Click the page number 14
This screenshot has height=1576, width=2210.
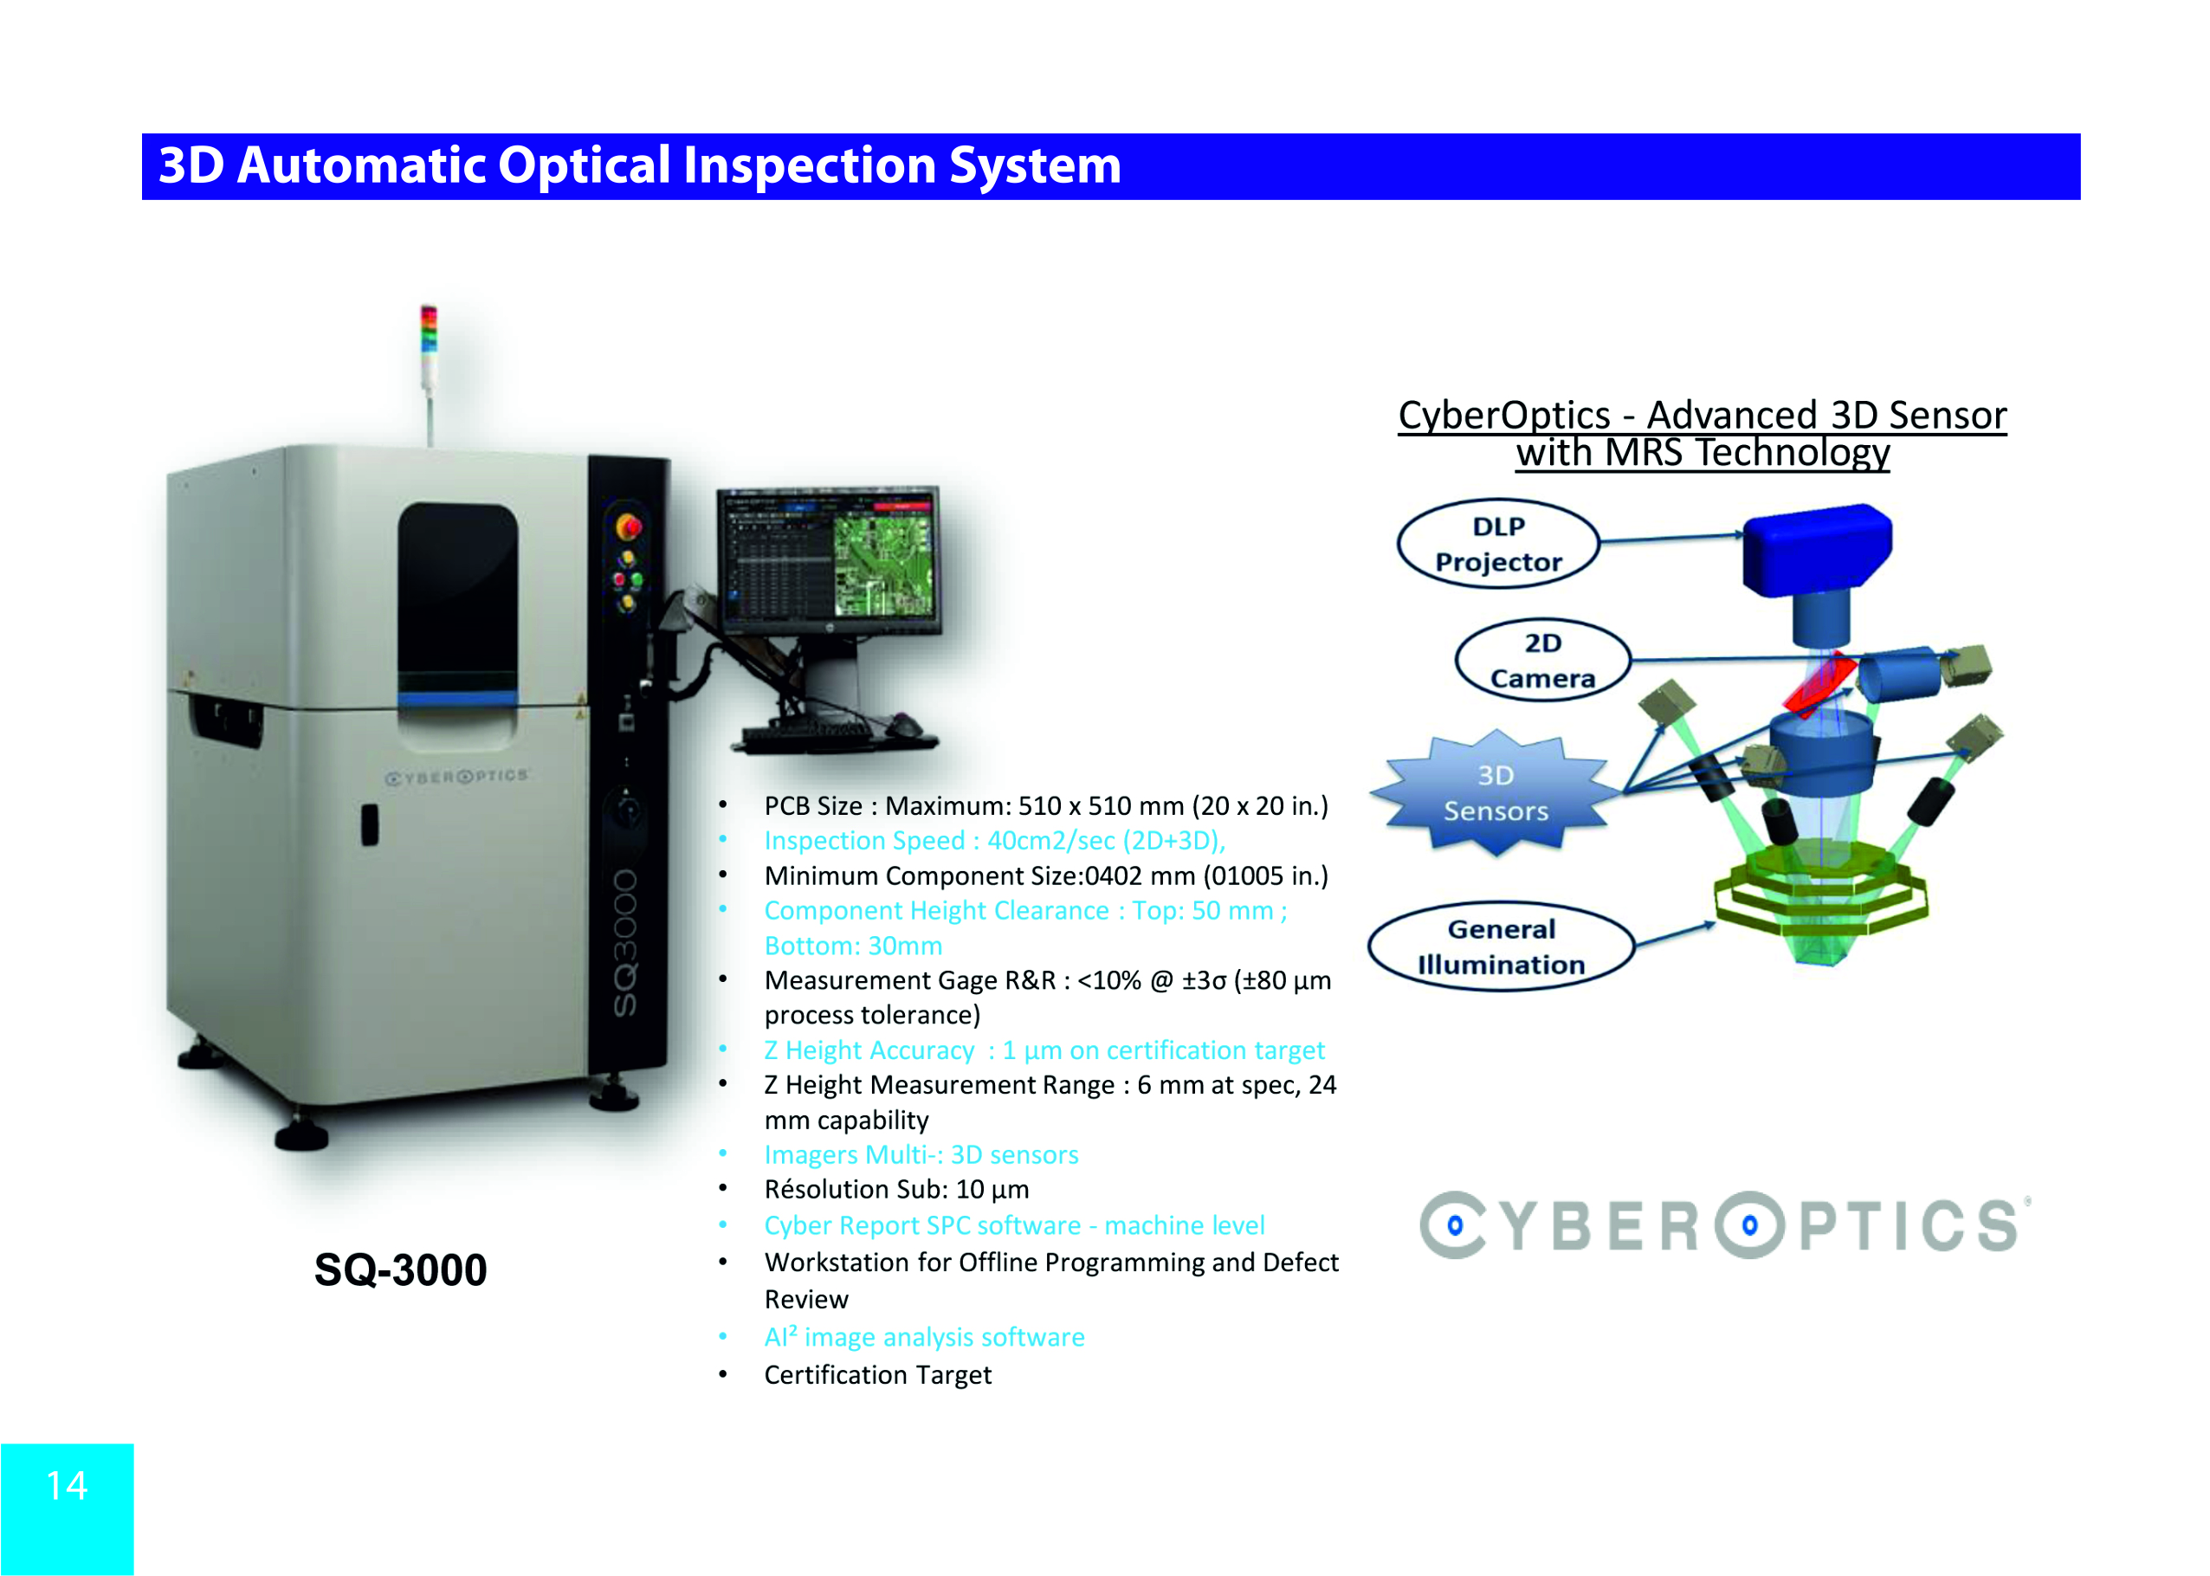(x=67, y=1486)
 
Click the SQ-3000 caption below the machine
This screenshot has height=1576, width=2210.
(x=400, y=1270)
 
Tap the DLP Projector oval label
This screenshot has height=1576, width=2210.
(x=1497, y=544)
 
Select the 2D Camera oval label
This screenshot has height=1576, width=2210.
(x=1542, y=660)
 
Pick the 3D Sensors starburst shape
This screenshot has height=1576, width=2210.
(x=1496, y=793)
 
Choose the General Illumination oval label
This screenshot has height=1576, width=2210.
(x=1501, y=946)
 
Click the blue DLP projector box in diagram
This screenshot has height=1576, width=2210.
(x=1817, y=549)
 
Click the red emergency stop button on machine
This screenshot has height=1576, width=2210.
(x=628, y=527)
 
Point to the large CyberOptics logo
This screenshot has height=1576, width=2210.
(x=1725, y=1224)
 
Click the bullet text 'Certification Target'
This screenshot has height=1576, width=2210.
(x=877, y=1375)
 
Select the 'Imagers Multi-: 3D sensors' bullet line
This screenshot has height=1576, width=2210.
(x=921, y=1155)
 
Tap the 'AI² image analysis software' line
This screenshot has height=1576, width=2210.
(x=924, y=1337)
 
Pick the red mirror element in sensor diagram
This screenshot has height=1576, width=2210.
(x=1819, y=685)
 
